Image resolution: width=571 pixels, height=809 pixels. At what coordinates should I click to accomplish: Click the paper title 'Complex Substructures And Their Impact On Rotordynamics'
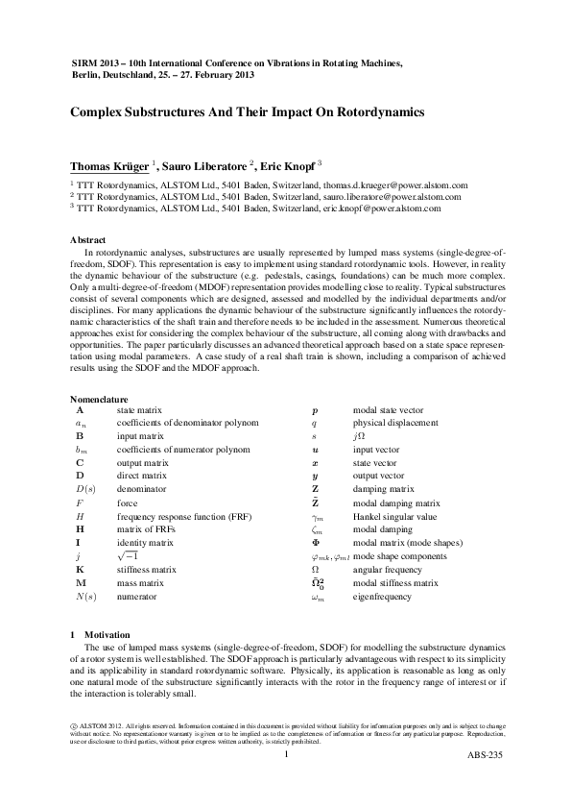248,112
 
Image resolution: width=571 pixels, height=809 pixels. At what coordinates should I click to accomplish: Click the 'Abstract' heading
88,239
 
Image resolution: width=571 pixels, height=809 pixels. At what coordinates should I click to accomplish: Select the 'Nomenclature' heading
99,398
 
